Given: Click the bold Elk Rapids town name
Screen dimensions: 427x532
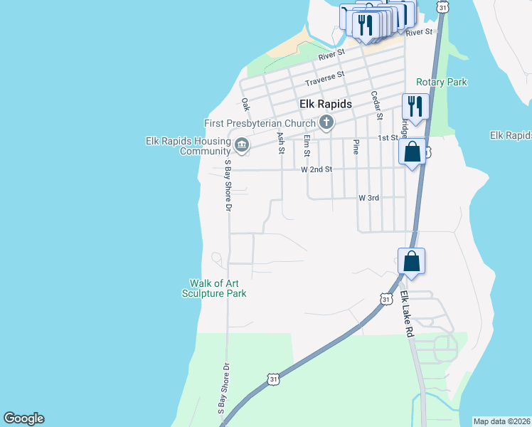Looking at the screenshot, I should [325, 104].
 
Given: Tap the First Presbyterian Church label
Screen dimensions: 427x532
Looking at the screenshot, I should [260, 123].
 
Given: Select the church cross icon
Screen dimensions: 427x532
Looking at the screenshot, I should [326, 122].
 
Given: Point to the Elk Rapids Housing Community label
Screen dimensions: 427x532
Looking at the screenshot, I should [188, 146].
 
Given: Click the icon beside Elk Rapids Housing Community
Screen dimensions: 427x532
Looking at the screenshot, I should [241, 146].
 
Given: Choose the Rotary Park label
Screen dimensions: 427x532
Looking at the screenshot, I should [441, 82].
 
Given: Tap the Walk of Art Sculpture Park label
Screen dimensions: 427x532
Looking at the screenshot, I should [213, 288].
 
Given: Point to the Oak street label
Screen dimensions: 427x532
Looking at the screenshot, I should [245, 105].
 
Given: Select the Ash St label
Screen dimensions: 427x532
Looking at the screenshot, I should [281, 142].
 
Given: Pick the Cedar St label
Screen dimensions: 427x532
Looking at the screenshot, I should [378, 105].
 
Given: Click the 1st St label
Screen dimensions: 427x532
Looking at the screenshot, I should [387, 137].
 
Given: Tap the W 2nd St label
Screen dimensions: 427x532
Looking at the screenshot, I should [316, 169].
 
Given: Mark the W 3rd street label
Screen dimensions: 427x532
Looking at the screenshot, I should [368, 197].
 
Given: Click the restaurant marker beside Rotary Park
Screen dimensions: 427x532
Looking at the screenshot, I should [415, 107].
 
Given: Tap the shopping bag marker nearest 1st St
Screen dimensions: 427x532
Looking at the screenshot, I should [413, 152].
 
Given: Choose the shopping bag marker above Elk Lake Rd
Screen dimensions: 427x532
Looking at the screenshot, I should [412, 261].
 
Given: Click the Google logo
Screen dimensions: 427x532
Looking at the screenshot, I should [23, 418].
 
